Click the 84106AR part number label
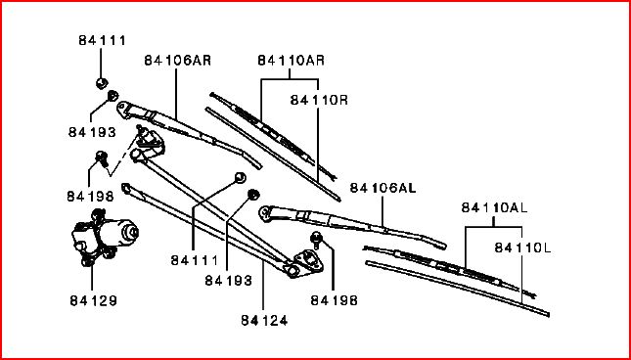point(177,61)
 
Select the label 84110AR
point(291,61)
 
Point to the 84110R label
point(319,100)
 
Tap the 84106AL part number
point(383,188)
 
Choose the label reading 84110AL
point(494,207)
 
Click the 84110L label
point(522,247)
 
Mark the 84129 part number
point(93,300)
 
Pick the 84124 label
point(264,320)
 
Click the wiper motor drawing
point(105,237)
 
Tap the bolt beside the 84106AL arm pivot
point(316,241)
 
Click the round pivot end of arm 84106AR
point(123,109)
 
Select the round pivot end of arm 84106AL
point(265,213)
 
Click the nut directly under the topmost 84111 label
point(102,83)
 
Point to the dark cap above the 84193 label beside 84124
point(253,195)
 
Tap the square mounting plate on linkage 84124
point(308,260)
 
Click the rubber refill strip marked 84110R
point(273,154)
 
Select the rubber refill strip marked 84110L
point(457,288)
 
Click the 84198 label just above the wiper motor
point(91,196)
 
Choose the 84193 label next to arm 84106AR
point(92,131)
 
